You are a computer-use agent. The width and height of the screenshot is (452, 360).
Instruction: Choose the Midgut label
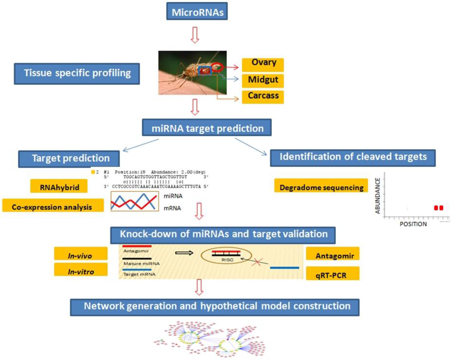pyautogui.click(x=263, y=80)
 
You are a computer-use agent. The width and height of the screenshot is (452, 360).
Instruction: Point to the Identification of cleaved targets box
pyautogui.click(x=353, y=157)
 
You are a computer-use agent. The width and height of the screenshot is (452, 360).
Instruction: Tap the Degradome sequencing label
pyautogui.click(x=321, y=187)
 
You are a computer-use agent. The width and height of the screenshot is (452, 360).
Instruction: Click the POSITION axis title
pyautogui.click(x=413, y=224)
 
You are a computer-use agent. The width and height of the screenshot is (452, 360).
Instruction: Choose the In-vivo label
pyautogui.click(x=81, y=254)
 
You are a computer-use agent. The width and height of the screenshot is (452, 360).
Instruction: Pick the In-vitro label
pyautogui.click(x=81, y=269)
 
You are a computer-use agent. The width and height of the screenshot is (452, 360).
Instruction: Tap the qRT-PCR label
pyautogui.click(x=331, y=273)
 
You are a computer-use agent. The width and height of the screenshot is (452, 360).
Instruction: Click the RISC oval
pyautogui.click(x=226, y=256)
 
